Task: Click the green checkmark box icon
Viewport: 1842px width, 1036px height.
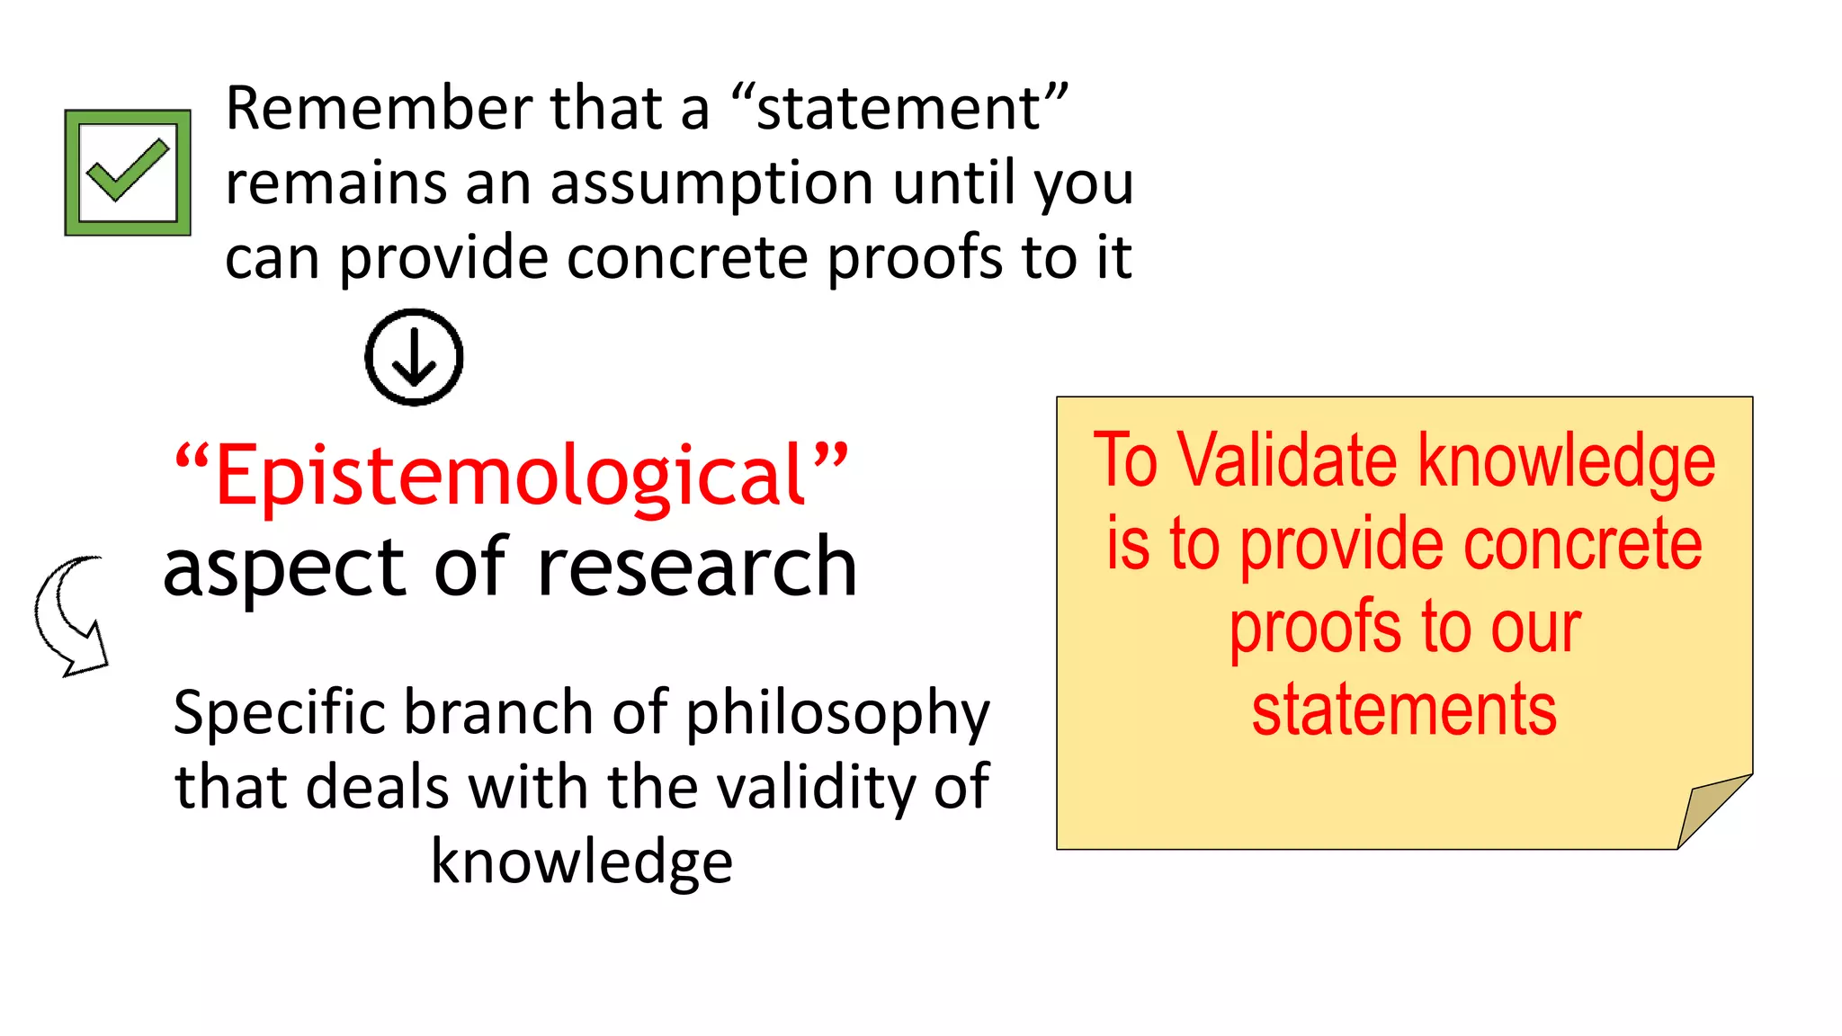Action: [128, 173]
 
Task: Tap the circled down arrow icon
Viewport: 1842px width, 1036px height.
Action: [414, 357]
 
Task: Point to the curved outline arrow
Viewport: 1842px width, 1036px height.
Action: [70, 615]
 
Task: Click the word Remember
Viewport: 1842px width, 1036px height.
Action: [379, 108]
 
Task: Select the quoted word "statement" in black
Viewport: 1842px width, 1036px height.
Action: [899, 108]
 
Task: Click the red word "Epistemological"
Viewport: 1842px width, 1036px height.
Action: [511, 475]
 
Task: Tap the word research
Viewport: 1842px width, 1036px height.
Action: [697, 567]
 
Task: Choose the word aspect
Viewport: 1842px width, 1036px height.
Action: [284, 569]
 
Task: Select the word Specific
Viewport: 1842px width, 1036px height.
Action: [280, 713]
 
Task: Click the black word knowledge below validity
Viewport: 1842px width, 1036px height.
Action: [581, 862]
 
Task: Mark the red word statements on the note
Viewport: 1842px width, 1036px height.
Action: [1404, 710]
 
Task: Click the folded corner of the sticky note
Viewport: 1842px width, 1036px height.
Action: [1709, 809]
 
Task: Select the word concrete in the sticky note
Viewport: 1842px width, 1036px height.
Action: [1582, 544]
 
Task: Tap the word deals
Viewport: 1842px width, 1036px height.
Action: [377, 787]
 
